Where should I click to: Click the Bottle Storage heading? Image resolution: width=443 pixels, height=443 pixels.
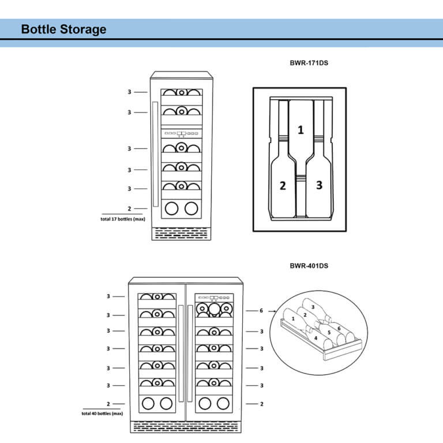pos(63,29)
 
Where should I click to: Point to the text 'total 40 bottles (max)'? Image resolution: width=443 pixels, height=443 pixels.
pos(102,414)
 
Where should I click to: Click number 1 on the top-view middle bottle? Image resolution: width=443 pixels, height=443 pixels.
pos(300,130)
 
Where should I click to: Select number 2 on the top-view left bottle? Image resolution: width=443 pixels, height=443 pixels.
pos(283,185)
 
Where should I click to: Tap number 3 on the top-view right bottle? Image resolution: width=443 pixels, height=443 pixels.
pos(319,185)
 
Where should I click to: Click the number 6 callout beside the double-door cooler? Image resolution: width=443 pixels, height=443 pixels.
pos(261,310)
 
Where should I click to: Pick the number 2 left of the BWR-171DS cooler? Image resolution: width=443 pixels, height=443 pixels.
pos(129,208)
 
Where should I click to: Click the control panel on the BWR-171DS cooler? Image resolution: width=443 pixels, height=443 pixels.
pos(181,133)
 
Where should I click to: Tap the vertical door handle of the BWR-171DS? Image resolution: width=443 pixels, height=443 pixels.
pos(155,155)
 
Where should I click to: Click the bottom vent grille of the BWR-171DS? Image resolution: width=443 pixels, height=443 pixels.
pos(181,233)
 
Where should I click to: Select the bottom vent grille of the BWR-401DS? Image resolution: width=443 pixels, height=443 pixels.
pos(185,427)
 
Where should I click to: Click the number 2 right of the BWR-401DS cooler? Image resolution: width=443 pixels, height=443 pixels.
pos(261,404)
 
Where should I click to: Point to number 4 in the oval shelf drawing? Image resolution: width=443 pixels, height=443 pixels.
pos(316,338)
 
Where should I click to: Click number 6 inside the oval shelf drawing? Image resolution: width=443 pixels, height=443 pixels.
pos(339,328)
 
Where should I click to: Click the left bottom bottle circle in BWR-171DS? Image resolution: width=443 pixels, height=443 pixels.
pos(171,208)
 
